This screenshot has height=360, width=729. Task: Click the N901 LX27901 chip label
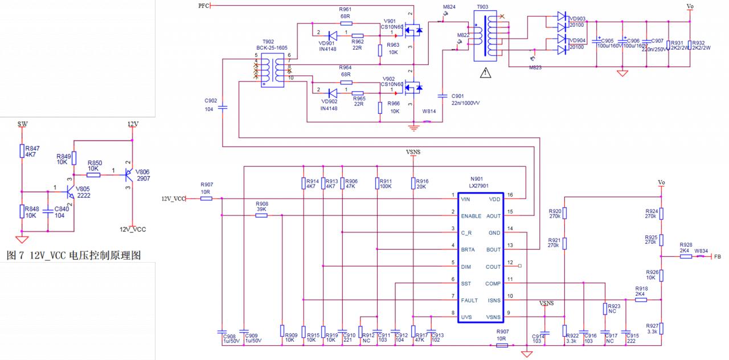[x=480, y=182]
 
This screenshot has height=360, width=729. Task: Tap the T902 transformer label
[x=268, y=45]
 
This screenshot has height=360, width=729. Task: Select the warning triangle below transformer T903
[x=485, y=73]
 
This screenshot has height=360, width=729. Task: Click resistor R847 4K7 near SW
[x=22, y=151]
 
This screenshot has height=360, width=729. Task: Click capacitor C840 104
[x=48, y=212]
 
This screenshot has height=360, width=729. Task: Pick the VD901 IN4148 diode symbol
[x=333, y=36]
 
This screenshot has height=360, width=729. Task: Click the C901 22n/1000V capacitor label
[x=465, y=99]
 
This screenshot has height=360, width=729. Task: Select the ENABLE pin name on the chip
[x=471, y=216]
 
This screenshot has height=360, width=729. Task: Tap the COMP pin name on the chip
[x=493, y=283]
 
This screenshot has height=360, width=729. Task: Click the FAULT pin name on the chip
[x=469, y=300]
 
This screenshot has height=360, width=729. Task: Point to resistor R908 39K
[x=261, y=215]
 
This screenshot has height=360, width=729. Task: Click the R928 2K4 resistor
[x=686, y=256]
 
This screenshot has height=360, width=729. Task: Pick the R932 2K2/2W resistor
[x=690, y=45]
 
